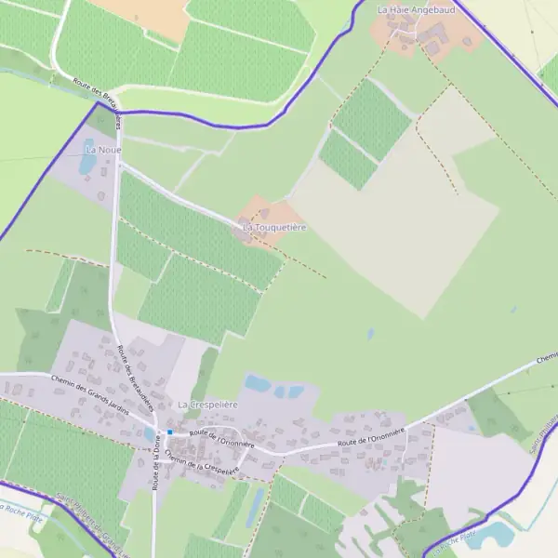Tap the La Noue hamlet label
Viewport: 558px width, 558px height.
[103, 149]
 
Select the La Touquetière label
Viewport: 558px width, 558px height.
[274, 227]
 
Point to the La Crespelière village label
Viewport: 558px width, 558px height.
[208, 405]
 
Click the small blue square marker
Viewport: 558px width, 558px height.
[171, 432]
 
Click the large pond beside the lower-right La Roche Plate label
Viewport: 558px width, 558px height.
[493, 535]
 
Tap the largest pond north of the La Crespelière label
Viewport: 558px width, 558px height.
[258, 383]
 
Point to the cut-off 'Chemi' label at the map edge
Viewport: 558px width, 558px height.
[547, 358]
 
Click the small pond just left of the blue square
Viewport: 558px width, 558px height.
[149, 433]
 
